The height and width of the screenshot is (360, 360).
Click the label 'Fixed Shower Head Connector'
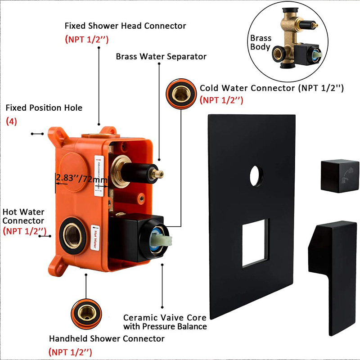pos(125,26)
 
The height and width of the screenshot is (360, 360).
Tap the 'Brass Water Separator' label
pos(161,57)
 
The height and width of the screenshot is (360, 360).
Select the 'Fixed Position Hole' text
pos(44,108)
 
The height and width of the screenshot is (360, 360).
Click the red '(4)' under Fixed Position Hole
pos(11,121)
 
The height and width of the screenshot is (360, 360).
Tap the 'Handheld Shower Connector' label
pos(107,338)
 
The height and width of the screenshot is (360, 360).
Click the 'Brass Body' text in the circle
pos(261,43)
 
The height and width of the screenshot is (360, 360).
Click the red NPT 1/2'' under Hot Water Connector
pos(24,231)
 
